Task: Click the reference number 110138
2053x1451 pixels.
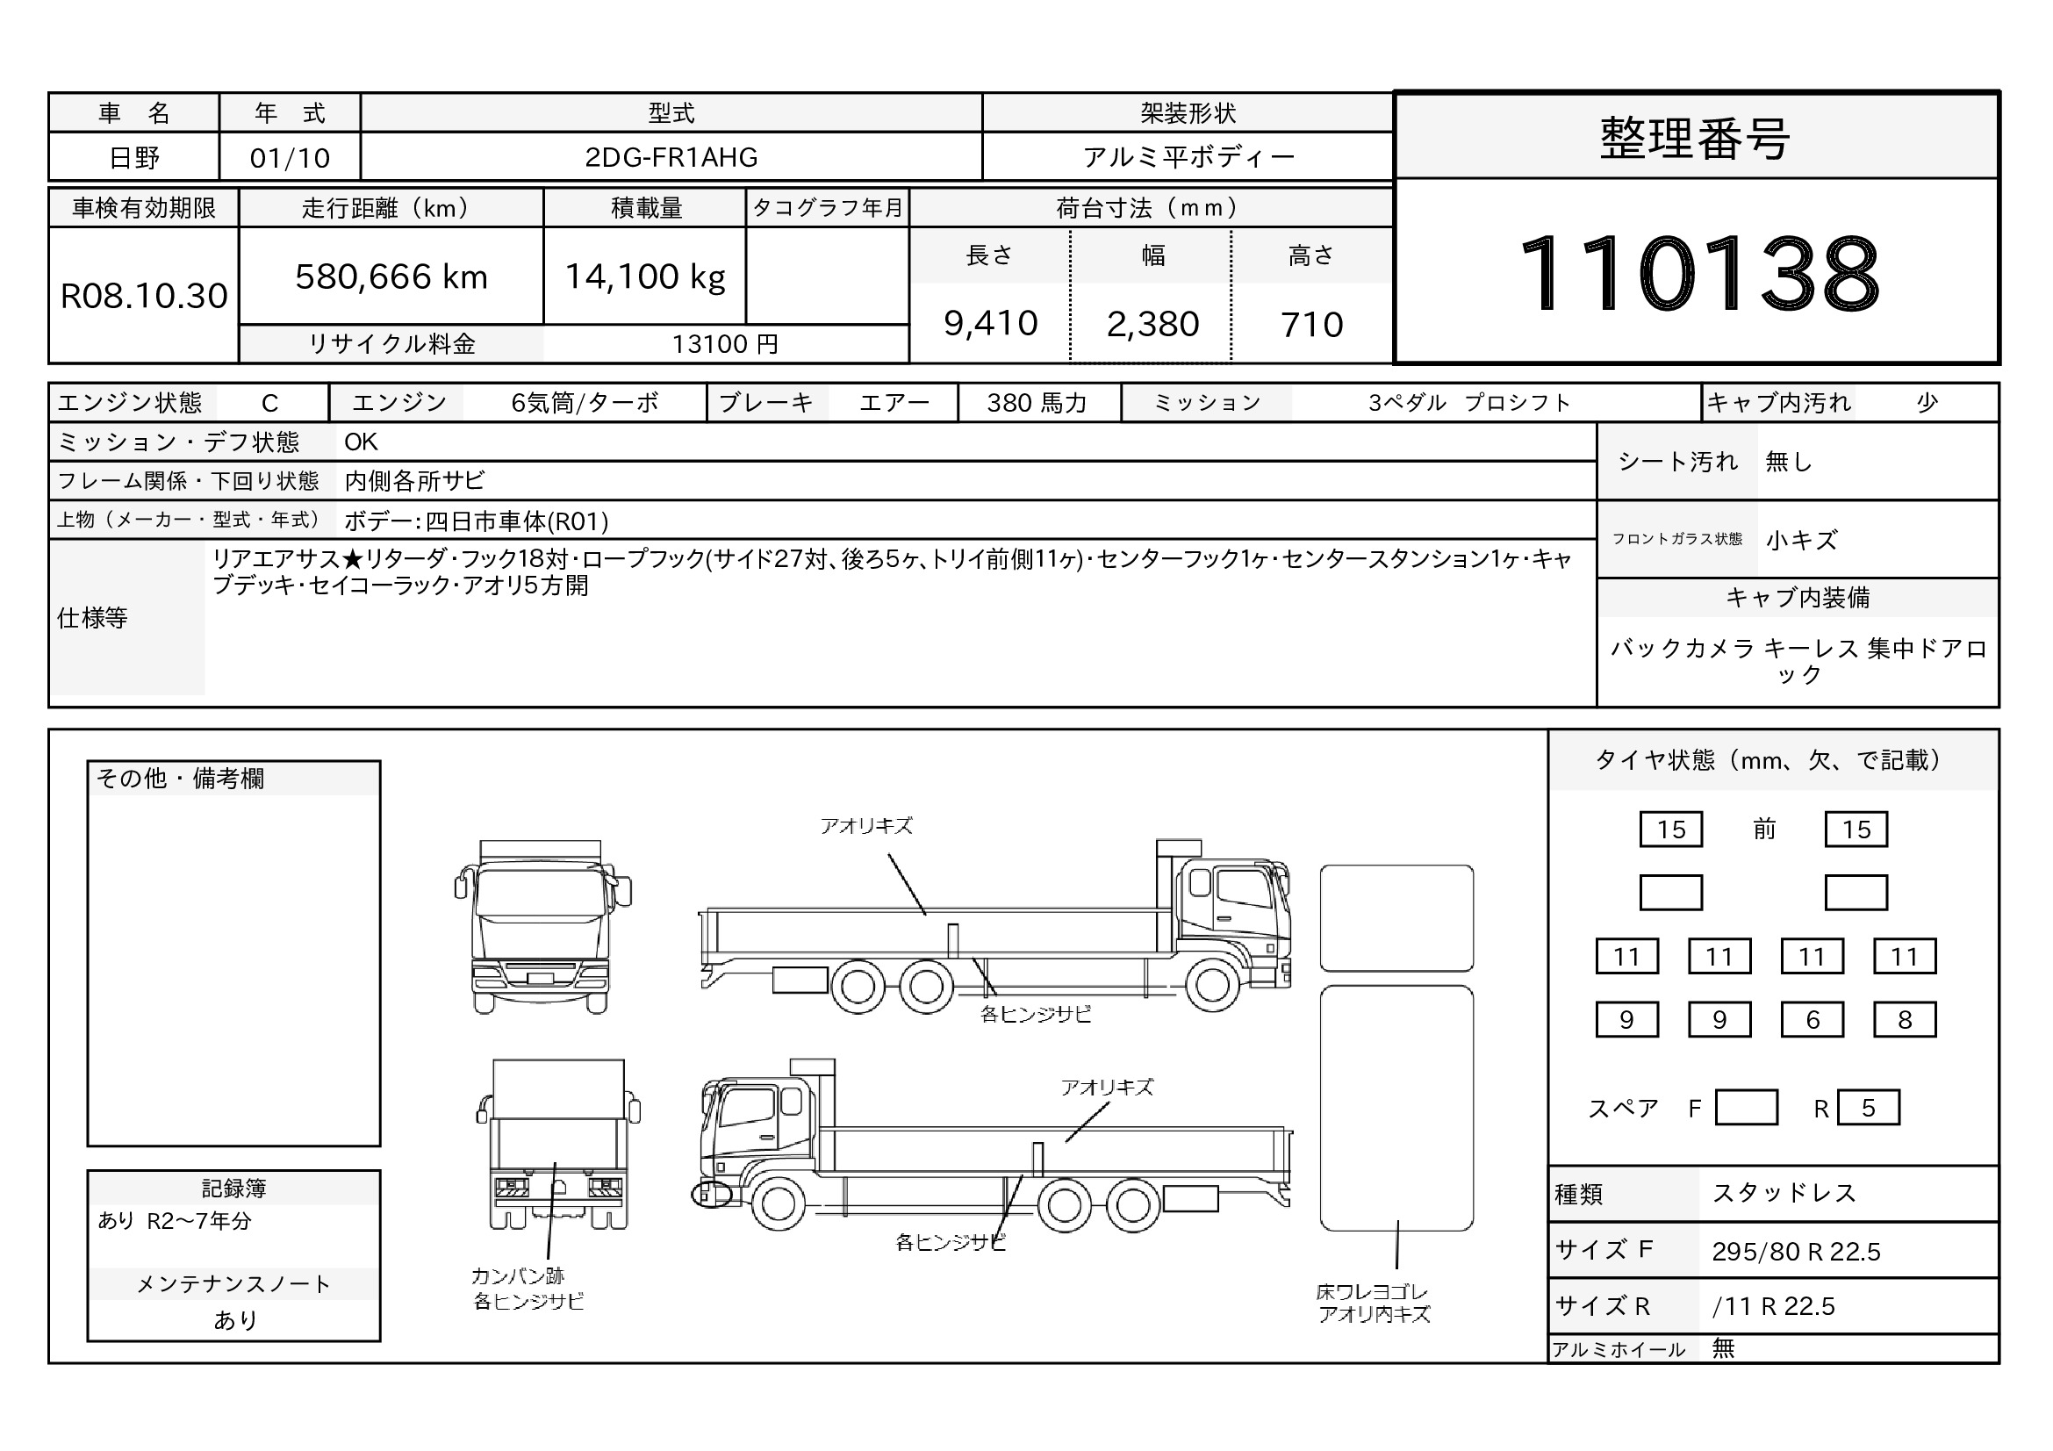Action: point(1699,272)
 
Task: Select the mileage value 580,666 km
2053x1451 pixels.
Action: point(391,277)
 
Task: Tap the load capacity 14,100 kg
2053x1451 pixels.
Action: point(645,277)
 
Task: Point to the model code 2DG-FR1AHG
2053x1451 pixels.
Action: point(671,157)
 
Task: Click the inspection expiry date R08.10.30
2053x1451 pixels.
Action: point(144,296)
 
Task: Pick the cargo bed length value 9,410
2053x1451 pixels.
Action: point(991,324)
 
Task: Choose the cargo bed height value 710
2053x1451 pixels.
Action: point(1311,325)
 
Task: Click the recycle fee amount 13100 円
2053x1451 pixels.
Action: point(725,344)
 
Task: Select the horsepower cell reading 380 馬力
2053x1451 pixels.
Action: point(1037,403)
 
